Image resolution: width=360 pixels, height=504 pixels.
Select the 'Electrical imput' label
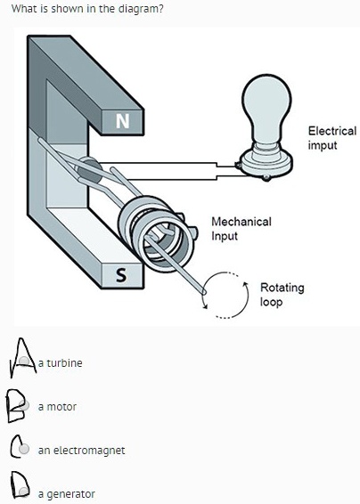tap(331, 137)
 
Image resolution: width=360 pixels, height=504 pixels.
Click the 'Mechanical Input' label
tap(241, 228)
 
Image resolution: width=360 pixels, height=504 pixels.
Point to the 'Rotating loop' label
tap(282, 295)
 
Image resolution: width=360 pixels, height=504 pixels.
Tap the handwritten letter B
tap(15, 405)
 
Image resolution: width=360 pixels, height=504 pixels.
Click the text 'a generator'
tap(66, 493)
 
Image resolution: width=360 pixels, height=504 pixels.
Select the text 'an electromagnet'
tap(81, 450)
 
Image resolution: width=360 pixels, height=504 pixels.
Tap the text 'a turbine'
tap(60, 363)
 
